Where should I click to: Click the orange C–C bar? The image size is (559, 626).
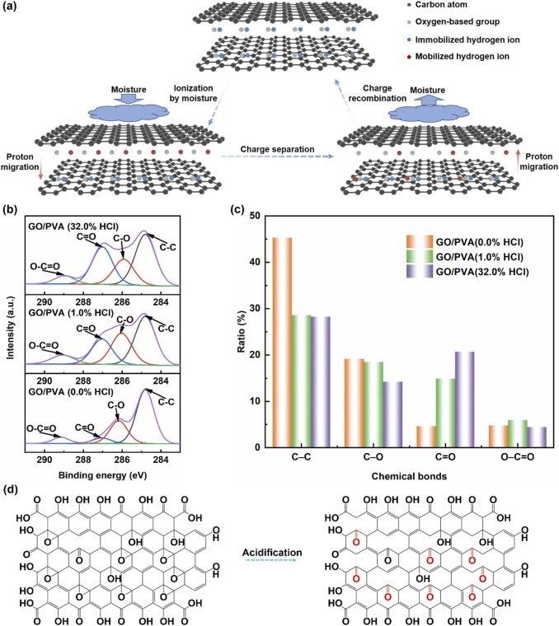click(x=282, y=343)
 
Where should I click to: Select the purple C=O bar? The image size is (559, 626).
click(x=465, y=399)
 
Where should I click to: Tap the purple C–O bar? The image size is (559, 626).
click(x=392, y=414)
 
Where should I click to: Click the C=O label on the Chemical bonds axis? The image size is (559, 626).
click(x=445, y=457)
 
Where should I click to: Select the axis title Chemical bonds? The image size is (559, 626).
click(x=409, y=476)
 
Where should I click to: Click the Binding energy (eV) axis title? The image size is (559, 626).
click(x=103, y=475)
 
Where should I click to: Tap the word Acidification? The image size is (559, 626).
click(x=272, y=553)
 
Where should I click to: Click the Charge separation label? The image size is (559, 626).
click(x=277, y=149)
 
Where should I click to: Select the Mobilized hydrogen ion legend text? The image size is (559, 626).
click(x=463, y=56)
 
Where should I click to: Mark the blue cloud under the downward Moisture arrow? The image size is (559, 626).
click(x=129, y=110)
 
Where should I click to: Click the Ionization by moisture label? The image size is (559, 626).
click(x=194, y=93)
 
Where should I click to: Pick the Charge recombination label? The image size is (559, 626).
click(x=377, y=93)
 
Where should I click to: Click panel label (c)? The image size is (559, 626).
click(x=238, y=210)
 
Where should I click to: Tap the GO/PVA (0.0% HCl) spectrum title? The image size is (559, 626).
click(x=71, y=391)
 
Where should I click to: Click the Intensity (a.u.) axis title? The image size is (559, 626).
click(x=11, y=327)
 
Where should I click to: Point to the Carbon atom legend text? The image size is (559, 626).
click(x=441, y=5)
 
